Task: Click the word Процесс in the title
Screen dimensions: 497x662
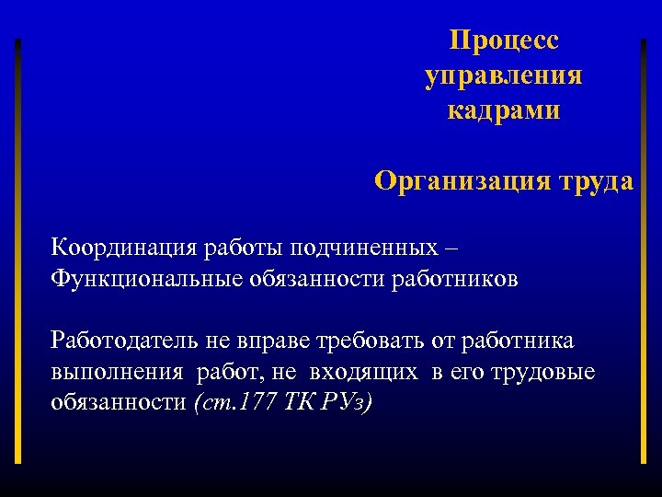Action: pos(504,41)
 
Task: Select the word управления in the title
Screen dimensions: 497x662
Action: pos(504,76)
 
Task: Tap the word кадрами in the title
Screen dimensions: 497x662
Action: pos(504,111)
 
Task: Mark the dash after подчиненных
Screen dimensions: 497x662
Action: pos(460,248)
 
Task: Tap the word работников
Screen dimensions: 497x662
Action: pos(460,278)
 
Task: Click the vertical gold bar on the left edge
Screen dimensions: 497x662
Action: pos(17,248)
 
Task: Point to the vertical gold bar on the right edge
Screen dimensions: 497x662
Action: pos(643,248)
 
